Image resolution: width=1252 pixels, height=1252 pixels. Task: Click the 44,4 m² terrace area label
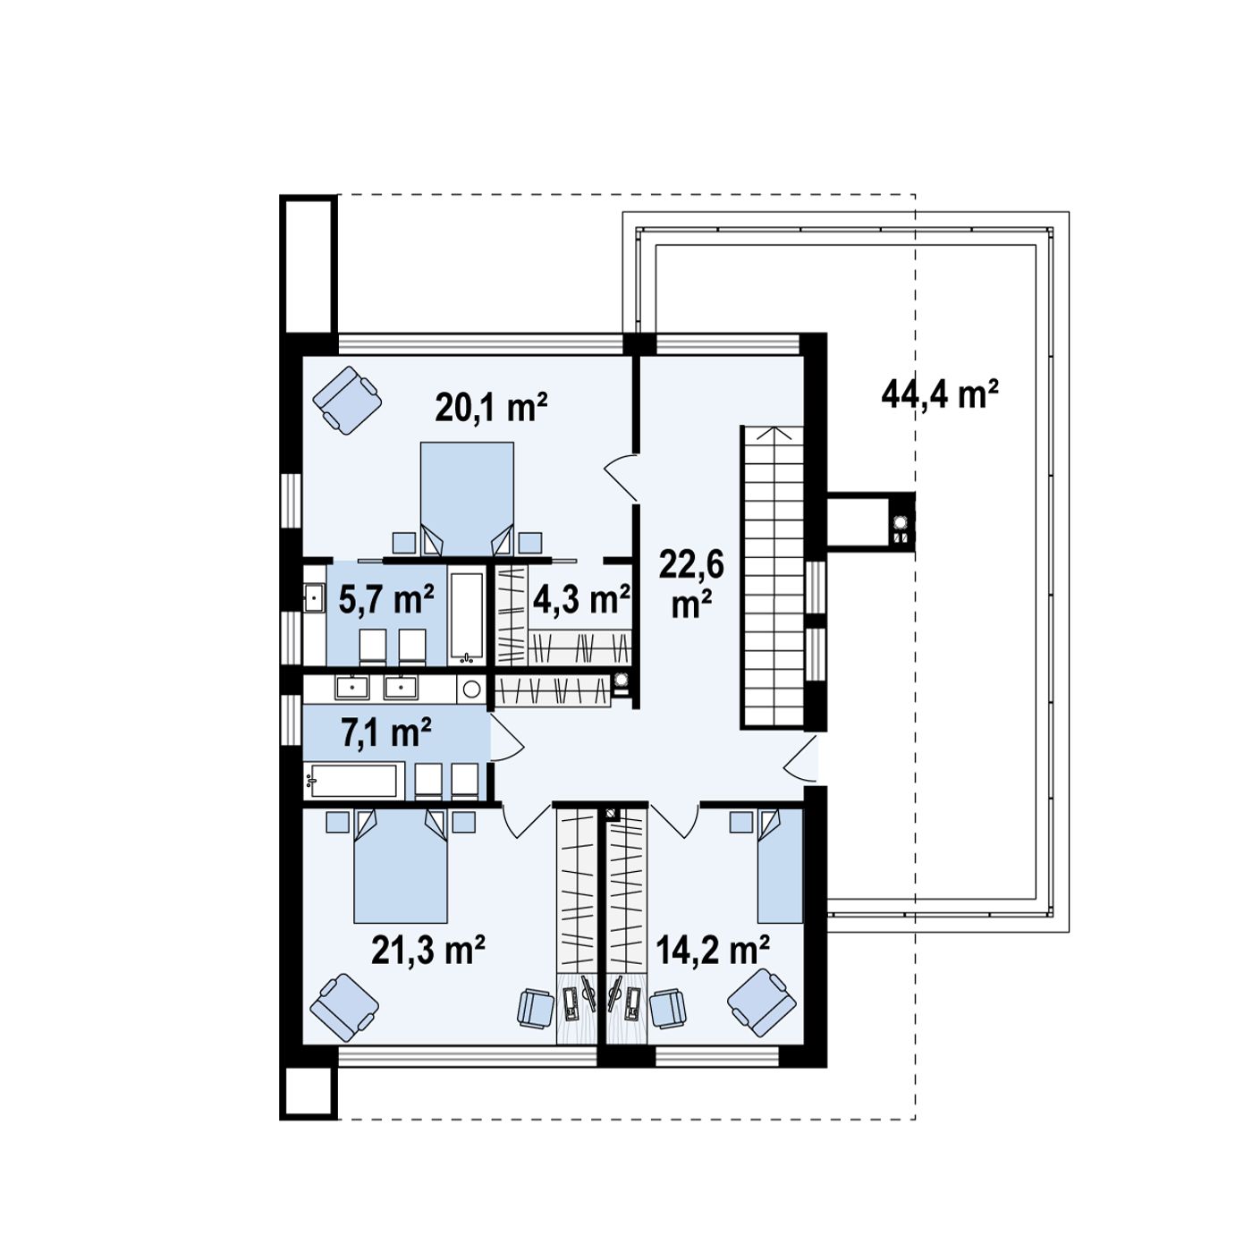point(939,394)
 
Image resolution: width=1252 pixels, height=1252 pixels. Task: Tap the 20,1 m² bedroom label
point(491,408)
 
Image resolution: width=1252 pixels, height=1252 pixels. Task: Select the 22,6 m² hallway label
point(691,584)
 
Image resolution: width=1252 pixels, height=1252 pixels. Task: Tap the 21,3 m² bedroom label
point(428,951)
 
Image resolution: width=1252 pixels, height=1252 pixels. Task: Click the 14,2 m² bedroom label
point(713,951)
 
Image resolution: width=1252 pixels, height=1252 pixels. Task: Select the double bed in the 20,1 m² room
point(467,500)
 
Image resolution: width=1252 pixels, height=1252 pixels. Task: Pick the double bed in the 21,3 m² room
point(401,866)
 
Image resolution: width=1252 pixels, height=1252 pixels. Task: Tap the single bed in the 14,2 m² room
point(781,866)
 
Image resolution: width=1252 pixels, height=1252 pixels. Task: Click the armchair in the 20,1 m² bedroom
point(346,401)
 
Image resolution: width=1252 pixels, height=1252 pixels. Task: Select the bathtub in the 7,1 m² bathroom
point(354,781)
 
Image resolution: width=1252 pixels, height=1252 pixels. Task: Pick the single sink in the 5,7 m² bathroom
point(315,597)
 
